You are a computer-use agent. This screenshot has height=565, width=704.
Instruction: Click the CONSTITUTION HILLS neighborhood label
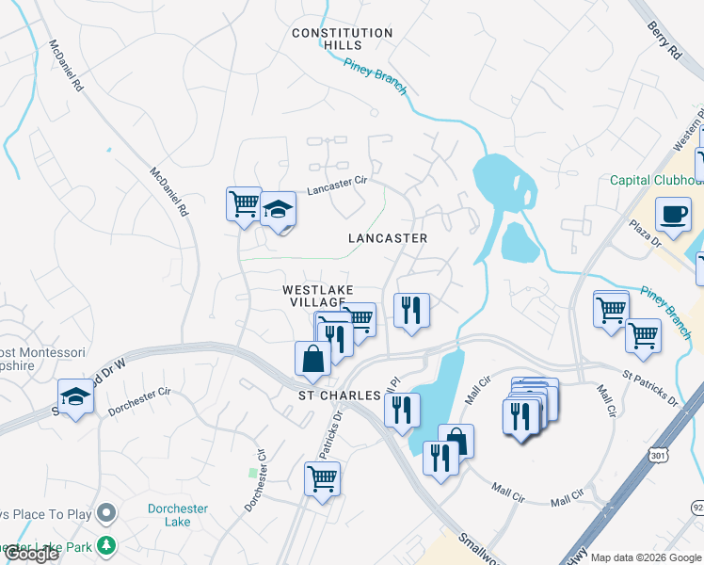(342, 39)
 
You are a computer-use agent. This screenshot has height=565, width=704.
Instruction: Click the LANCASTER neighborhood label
(388, 238)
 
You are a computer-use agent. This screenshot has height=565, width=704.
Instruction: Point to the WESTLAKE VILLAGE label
(318, 297)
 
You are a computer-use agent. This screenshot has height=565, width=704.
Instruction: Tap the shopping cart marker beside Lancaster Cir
(244, 202)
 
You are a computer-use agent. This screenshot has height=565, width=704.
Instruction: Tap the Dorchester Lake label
(177, 515)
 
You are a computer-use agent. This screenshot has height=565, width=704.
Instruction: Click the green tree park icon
(107, 545)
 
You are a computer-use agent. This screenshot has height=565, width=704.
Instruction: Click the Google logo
(32, 554)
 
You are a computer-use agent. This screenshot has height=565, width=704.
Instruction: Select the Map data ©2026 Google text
(646, 557)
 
